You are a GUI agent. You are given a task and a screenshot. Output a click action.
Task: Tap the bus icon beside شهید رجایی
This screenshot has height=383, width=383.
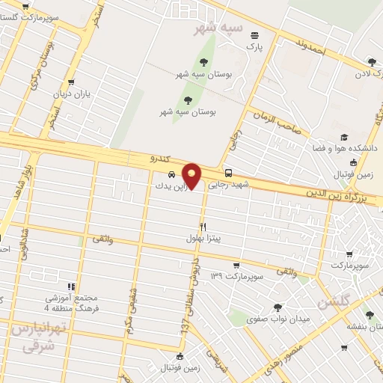(x=228, y=171)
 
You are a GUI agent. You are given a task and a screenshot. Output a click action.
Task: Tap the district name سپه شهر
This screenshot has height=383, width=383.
(x=218, y=28)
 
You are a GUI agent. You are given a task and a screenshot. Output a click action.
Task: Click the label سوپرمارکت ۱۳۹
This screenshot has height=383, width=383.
(x=238, y=277)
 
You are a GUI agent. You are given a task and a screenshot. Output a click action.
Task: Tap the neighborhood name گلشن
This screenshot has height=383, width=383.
(x=332, y=303)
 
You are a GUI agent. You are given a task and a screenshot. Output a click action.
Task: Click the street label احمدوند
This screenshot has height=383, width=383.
(x=309, y=44)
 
